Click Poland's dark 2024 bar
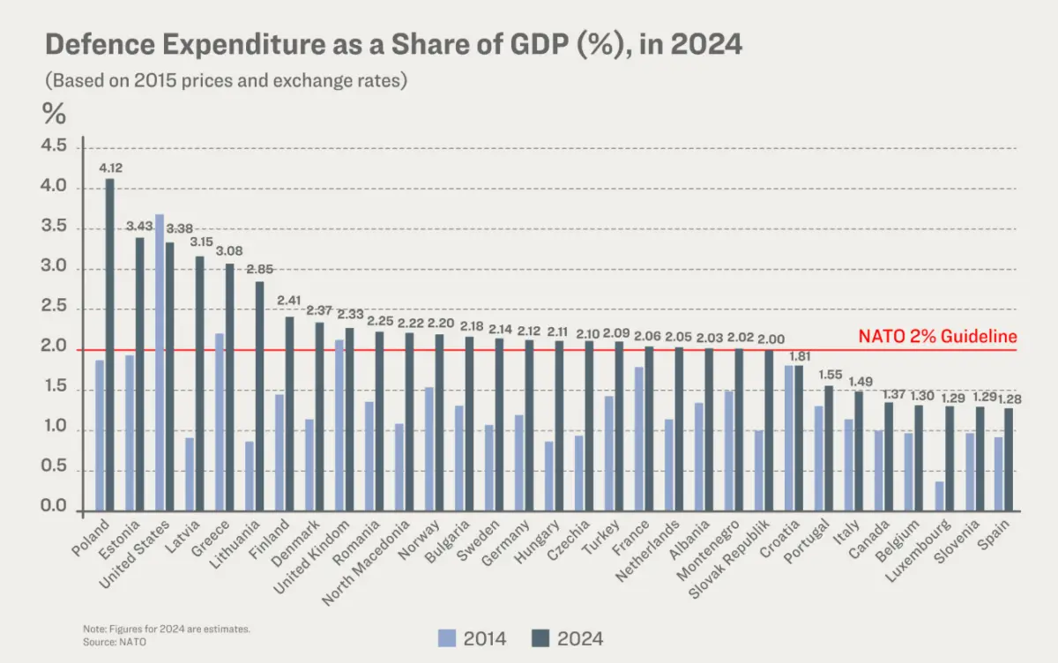[109, 345]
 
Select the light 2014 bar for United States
[160, 362]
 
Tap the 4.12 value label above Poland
[109, 167]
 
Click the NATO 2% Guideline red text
[938, 336]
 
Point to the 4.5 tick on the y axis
[55, 147]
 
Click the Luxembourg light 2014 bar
[940, 496]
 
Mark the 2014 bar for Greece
[219, 422]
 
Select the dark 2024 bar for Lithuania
[259, 396]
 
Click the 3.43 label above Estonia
[139, 227]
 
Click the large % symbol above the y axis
[54, 113]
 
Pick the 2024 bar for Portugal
[828, 448]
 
